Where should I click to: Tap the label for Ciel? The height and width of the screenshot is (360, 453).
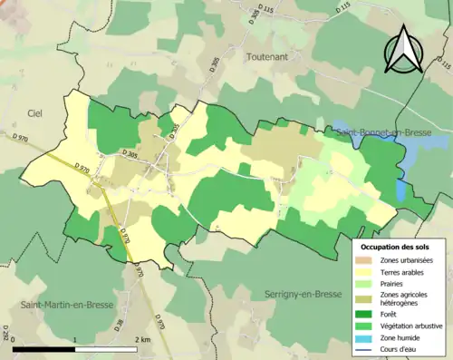[35, 112]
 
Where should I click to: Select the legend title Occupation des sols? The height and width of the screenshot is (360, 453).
[396, 247]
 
